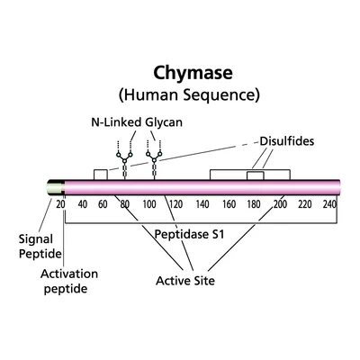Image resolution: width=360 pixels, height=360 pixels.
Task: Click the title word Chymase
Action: (x=193, y=74)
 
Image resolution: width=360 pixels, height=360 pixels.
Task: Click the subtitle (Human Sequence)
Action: (x=189, y=95)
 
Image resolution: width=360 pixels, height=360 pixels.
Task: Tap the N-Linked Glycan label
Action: (x=137, y=122)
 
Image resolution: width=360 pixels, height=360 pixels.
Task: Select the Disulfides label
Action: (x=287, y=141)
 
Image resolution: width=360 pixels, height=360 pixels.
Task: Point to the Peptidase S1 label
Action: (x=189, y=234)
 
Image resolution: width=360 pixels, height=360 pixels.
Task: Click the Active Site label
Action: (x=185, y=281)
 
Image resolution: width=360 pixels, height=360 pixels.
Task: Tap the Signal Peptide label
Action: (x=40, y=247)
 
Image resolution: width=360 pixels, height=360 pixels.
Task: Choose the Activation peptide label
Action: (x=69, y=281)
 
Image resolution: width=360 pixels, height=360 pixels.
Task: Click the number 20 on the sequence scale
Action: (x=60, y=204)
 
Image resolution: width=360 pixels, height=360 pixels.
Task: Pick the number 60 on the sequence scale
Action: (x=103, y=204)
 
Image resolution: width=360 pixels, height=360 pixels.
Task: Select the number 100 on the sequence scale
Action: (x=149, y=204)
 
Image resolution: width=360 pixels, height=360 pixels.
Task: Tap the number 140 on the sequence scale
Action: (x=202, y=204)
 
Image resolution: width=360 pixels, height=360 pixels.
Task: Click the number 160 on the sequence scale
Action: (x=229, y=204)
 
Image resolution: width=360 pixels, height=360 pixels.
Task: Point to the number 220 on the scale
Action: (x=305, y=204)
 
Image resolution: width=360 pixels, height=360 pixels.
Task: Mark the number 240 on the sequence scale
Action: (x=329, y=204)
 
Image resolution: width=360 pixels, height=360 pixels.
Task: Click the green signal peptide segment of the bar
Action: (x=55, y=187)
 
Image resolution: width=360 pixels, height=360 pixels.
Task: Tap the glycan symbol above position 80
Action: (x=124, y=160)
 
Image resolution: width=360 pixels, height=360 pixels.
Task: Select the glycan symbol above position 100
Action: (x=154, y=160)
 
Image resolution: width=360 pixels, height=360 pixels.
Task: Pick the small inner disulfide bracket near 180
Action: (x=256, y=172)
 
